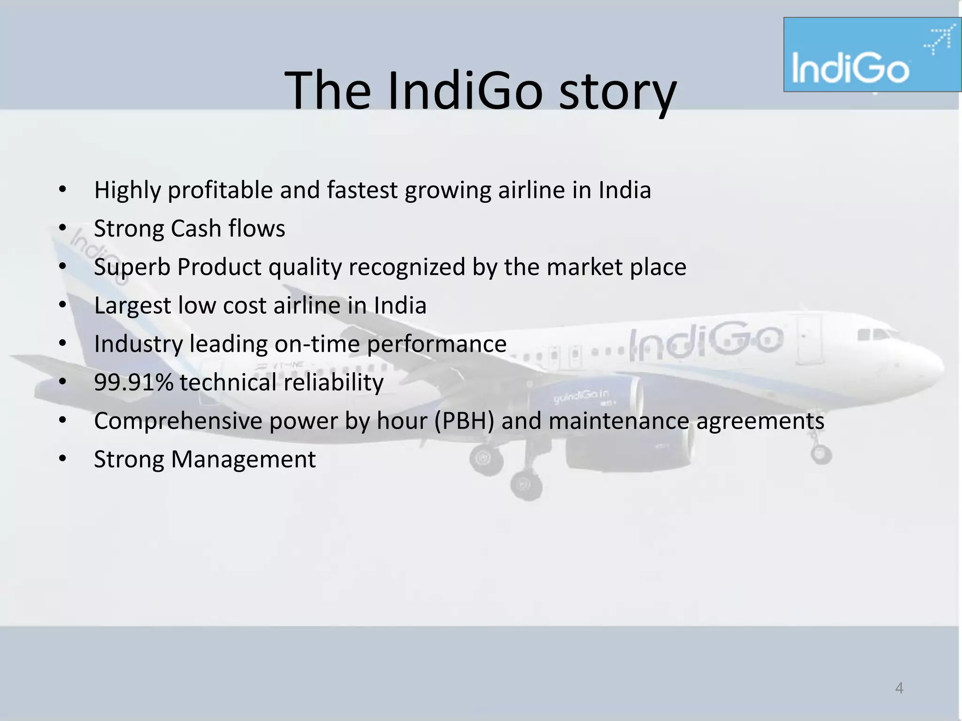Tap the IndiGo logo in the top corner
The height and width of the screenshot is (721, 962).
pyautogui.click(x=871, y=55)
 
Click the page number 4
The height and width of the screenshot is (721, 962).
pyautogui.click(x=899, y=688)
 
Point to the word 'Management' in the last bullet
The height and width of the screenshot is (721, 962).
pyautogui.click(x=243, y=460)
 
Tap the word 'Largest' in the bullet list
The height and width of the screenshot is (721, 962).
pyautogui.click(x=132, y=306)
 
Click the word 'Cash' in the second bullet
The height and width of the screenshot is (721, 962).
pyautogui.click(x=196, y=229)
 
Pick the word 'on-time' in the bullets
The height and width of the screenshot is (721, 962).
pyautogui.click(x=317, y=344)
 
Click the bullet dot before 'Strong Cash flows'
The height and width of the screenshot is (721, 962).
pyautogui.click(x=62, y=229)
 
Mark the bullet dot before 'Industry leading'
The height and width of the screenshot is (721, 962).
pyautogui.click(x=62, y=344)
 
